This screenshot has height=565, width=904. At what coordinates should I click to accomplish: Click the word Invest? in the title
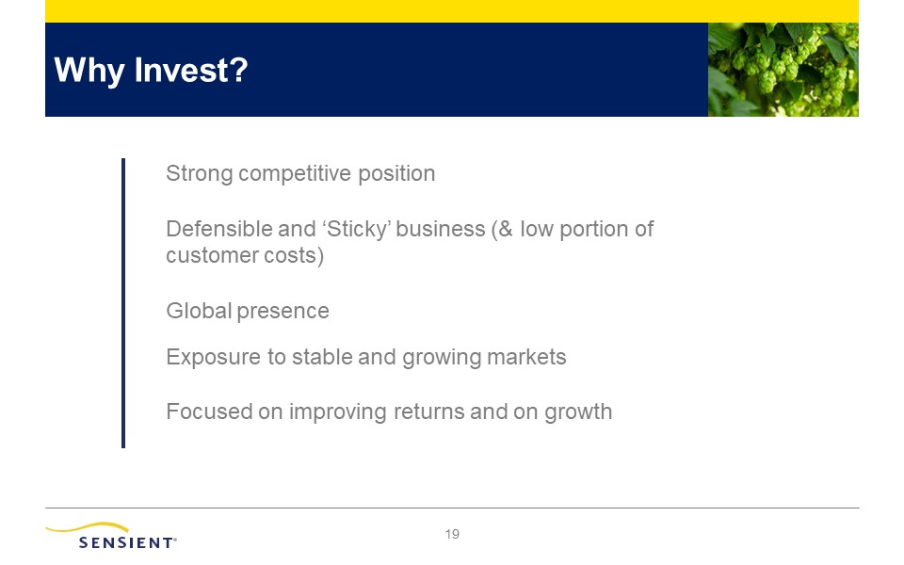click(191, 70)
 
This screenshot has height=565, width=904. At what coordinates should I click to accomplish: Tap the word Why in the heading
click(89, 71)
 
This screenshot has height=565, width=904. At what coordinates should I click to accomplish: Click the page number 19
click(452, 535)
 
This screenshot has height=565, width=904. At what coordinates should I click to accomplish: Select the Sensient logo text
click(127, 542)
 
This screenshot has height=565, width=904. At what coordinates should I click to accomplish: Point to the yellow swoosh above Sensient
click(88, 527)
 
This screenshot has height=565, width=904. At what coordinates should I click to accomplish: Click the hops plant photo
click(783, 70)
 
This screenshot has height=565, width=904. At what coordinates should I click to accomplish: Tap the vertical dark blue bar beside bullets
click(123, 303)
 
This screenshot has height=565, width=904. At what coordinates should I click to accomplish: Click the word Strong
click(200, 174)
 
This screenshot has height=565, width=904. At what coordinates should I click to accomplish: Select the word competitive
click(295, 174)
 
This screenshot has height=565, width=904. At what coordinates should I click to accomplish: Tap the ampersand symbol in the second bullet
click(506, 229)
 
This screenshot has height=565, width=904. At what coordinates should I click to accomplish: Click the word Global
click(199, 311)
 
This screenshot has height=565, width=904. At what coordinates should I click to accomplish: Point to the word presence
click(283, 312)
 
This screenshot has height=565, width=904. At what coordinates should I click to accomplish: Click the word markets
click(526, 357)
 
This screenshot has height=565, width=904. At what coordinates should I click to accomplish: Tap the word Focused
click(209, 412)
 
